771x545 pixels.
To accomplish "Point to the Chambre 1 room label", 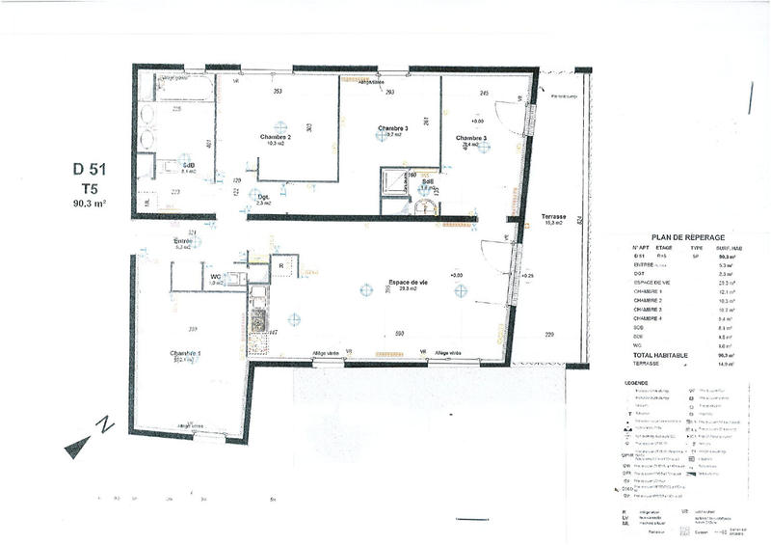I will coord(183,354).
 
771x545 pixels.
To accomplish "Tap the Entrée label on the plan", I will coord(183,241).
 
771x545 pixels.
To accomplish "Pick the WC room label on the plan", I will coord(217,277).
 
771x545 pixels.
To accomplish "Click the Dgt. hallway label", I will coord(263,198).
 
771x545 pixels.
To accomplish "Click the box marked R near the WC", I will coord(279,263).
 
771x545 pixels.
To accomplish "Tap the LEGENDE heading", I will coord(638,383).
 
